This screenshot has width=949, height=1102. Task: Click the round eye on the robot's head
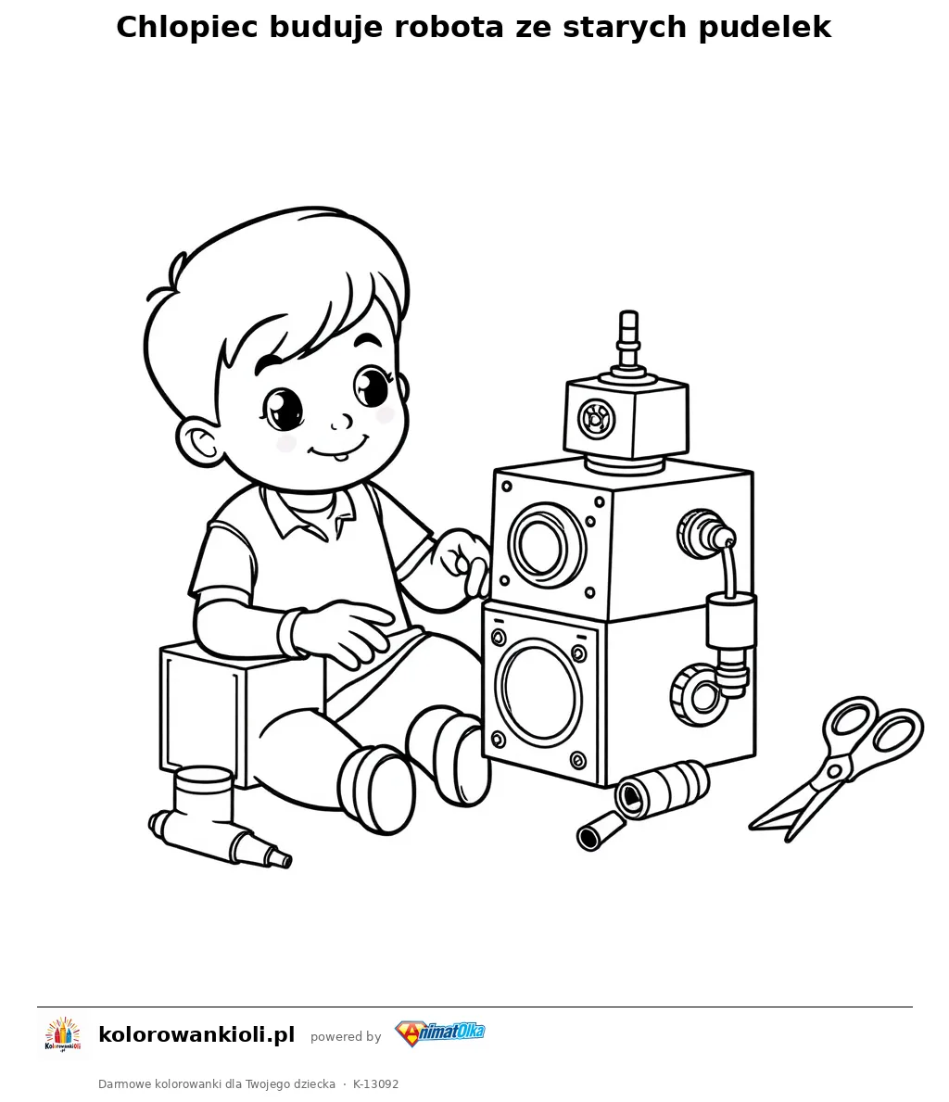pos(595,419)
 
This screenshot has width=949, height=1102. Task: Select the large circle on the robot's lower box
pos(538,690)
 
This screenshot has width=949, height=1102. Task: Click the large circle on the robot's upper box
pos(547,545)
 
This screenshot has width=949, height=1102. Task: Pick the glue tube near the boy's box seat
pos(218,818)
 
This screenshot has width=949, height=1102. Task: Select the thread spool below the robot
pos(663,789)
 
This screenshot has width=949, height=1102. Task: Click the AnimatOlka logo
pos(440,1033)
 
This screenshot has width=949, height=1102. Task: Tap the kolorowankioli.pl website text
pos(196,1035)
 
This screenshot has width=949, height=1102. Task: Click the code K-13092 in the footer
pos(376,1084)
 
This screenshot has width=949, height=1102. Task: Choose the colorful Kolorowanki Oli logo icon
pos(63,1035)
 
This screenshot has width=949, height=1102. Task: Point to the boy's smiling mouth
pos(339,447)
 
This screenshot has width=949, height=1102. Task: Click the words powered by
pos(346,1036)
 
